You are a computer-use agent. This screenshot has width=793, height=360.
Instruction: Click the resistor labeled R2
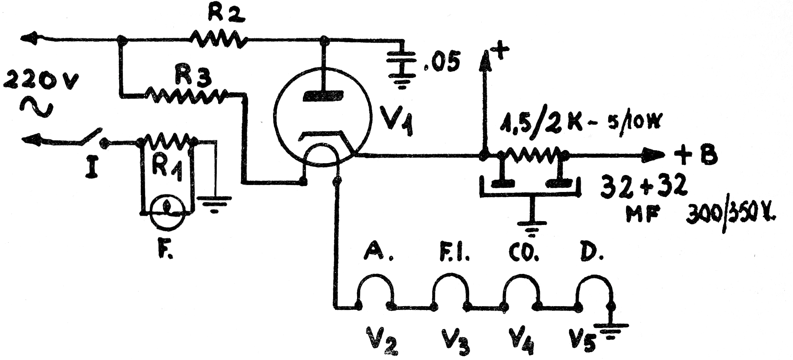tap(218, 39)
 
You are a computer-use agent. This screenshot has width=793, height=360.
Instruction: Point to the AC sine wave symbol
tap(36, 107)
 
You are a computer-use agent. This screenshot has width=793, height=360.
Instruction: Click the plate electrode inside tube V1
tap(323, 96)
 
